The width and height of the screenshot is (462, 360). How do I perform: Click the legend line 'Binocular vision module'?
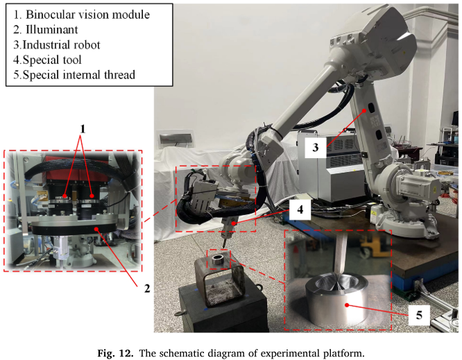tap(81, 14)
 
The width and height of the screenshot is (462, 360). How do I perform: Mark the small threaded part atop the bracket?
tap(219, 259)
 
